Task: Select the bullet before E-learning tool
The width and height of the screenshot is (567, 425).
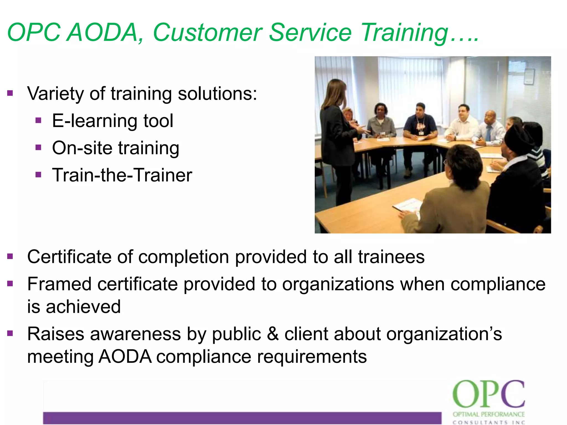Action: click(38, 120)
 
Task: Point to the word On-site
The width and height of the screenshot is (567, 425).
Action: click(82, 148)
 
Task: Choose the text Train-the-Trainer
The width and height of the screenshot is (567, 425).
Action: click(122, 175)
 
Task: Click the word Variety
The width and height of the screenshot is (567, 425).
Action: click(55, 94)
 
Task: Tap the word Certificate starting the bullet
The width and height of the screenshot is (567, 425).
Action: click(69, 256)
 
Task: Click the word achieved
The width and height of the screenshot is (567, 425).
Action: click(83, 307)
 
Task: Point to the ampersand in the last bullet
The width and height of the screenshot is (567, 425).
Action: click(273, 334)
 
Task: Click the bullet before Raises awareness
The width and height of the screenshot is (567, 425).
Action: click(10, 333)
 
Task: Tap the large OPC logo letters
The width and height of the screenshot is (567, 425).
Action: click(488, 394)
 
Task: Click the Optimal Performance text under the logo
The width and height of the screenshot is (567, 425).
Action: click(488, 414)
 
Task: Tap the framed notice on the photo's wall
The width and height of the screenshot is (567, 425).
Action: click(529, 76)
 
